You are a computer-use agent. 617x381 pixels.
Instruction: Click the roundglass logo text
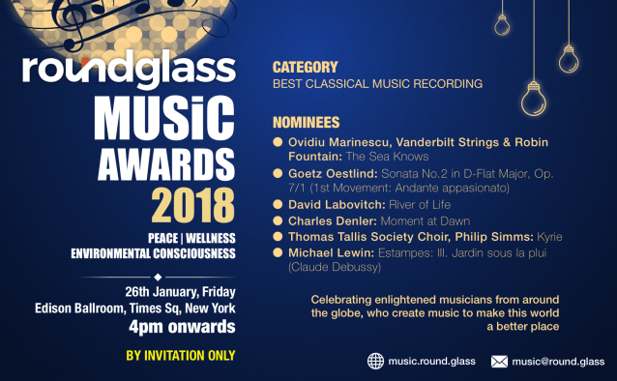(129, 70)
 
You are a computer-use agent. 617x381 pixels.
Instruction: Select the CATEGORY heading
(306, 68)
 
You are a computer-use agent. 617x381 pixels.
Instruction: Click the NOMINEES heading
(307, 123)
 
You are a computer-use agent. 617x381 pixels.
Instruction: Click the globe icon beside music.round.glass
(375, 362)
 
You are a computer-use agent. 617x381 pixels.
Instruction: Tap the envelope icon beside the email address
(500, 362)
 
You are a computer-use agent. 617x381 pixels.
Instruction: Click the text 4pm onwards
(182, 326)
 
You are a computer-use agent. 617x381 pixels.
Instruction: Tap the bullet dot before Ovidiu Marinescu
(279, 141)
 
